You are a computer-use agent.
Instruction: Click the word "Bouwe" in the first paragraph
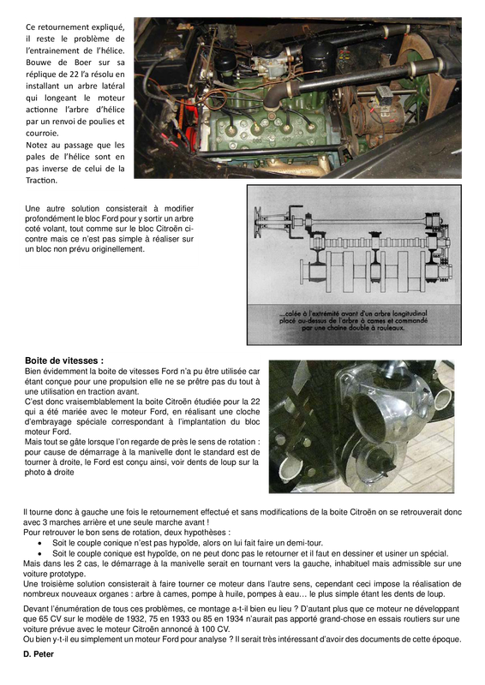(40, 63)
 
